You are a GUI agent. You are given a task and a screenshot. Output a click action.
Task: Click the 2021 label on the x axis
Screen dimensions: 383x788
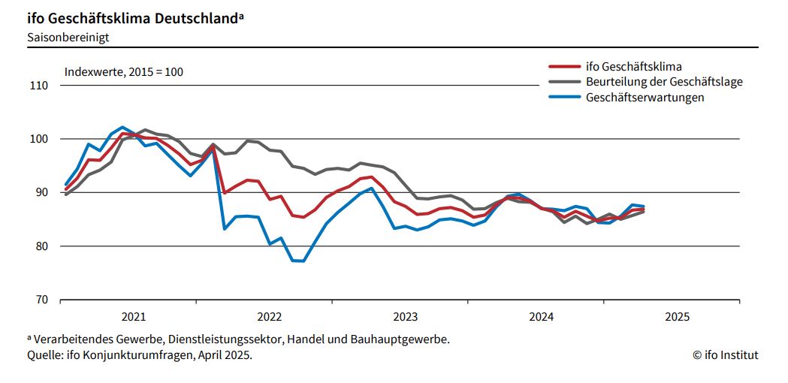pos(133,317)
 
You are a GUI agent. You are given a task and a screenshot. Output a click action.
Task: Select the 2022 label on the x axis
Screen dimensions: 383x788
pos(269,317)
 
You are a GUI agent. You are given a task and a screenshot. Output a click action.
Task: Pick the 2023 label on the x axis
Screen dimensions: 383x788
pos(405,317)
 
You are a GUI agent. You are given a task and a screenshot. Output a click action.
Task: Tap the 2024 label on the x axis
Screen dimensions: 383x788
pos(541,317)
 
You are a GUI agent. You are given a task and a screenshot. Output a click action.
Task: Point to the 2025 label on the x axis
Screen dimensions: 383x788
pos(677,317)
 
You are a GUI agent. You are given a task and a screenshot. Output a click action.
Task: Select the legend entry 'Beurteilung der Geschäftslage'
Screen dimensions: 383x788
pos(663,82)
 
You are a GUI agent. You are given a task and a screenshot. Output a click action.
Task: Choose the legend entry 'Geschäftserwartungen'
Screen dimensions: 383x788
pos(645,97)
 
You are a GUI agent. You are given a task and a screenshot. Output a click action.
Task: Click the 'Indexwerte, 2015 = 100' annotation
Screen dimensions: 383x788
pos(124,72)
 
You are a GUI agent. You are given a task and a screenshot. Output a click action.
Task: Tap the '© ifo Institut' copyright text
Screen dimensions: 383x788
pos(725,355)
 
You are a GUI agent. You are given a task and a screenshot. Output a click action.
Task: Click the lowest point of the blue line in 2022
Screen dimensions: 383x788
pos(298,261)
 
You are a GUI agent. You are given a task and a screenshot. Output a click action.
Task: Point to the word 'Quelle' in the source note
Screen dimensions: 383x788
pos(44,355)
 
